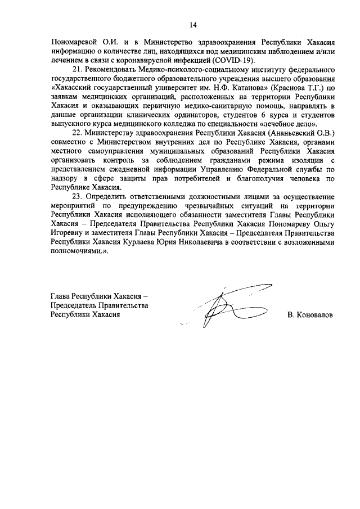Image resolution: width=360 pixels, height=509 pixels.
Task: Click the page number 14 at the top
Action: (193, 24)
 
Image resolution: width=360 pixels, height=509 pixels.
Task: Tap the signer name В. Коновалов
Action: (310, 315)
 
